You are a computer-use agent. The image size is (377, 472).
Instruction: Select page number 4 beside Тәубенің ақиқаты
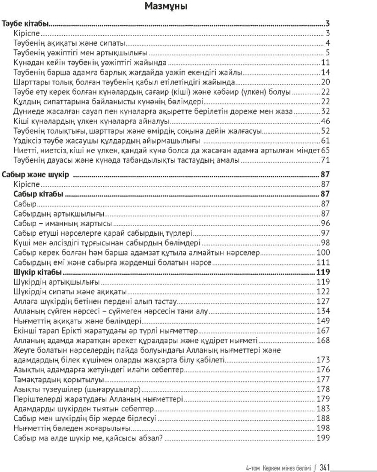tap(328, 43)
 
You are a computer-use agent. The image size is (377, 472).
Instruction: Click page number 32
tap(326, 111)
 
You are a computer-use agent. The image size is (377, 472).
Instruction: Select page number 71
tap(326, 160)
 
